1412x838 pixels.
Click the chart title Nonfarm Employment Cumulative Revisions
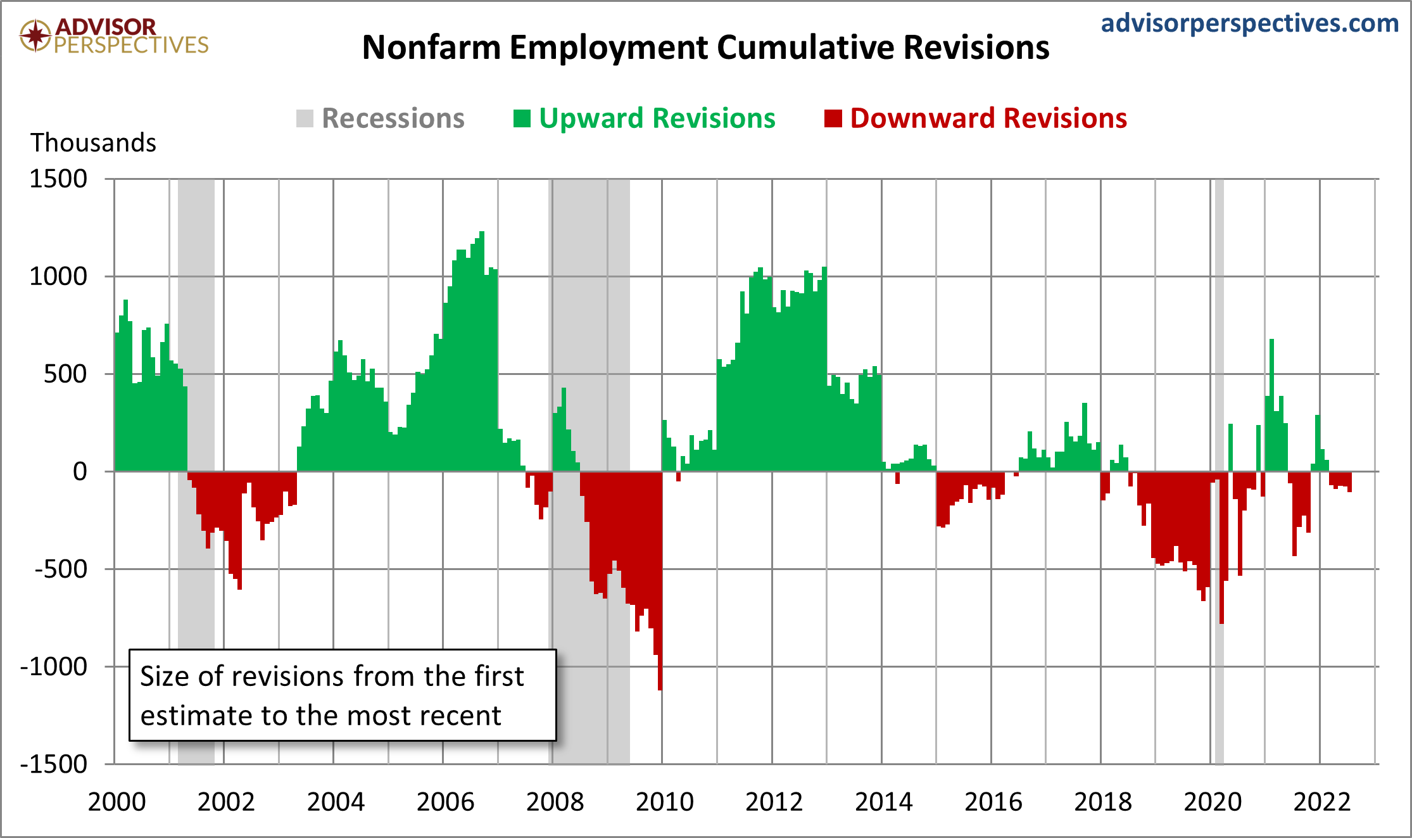pyautogui.click(x=705, y=48)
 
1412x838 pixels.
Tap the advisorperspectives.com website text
pyautogui.click(x=1249, y=23)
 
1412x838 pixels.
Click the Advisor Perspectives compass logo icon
pyautogui.click(x=35, y=35)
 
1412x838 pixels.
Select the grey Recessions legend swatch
pyautogui.click(x=305, y=118)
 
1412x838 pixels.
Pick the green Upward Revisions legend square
pyautogui.click(x=522, y=118)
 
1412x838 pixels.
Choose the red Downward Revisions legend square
pyautogui.click(x=833, y=118)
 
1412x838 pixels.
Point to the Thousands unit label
pyautogui.click(x=93, y=143)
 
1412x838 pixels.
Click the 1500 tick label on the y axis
pyautogui.click(x=58, y=179)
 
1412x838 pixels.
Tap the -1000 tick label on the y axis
pyautogui.click(x=54, y=666)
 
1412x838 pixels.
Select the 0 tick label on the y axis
pyautogui.click(x=80, y=471)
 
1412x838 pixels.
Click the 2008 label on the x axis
pyautogui.click(x=555, y=802)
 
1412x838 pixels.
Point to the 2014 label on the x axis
pyautogui.click(x=883, y=802)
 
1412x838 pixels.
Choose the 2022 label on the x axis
pyautogui.click(x=1321, y=802)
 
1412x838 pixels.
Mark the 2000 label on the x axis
pyautogui.click(x=117, y=802)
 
